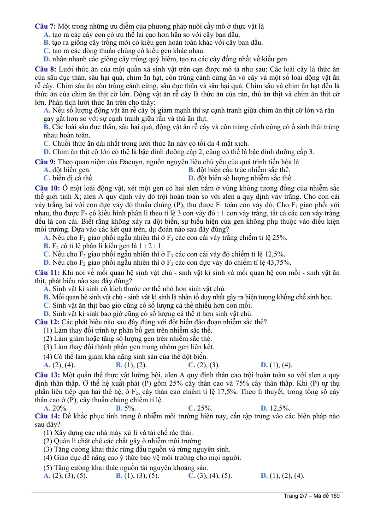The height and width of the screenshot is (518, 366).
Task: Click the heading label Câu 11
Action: pos(47,273)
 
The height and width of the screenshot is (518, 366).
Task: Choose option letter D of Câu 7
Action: pos(47,59)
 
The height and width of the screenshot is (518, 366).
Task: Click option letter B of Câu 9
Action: pos(191,170)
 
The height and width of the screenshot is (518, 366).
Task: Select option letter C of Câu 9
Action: pos(47,178)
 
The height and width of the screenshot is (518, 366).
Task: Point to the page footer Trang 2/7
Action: pos(297,496)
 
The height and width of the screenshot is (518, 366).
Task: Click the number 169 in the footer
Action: pos(335,496)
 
